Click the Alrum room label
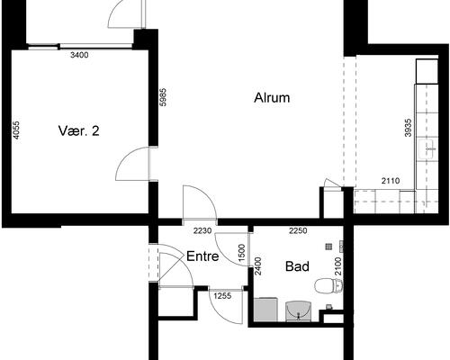click(272, 98)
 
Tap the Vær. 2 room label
click(78, 130)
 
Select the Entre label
click(202, 256)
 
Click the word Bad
click(297, 266)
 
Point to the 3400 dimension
click(79, 55)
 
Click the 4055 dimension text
click(16, 130)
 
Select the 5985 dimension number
click(163, 97)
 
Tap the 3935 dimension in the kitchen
click(408, 128)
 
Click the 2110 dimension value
click(391, 181)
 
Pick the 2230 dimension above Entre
click(202, 230)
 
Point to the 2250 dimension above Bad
click(298, 230)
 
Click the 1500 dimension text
click(241, 253)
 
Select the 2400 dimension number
click(257, 265)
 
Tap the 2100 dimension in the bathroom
click(338, 266)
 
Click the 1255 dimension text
click(222, 296)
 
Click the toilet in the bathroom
click(328, 286)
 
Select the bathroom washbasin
click(298, 311)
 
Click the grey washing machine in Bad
click(265, 310)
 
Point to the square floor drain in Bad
click(328, 247)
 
